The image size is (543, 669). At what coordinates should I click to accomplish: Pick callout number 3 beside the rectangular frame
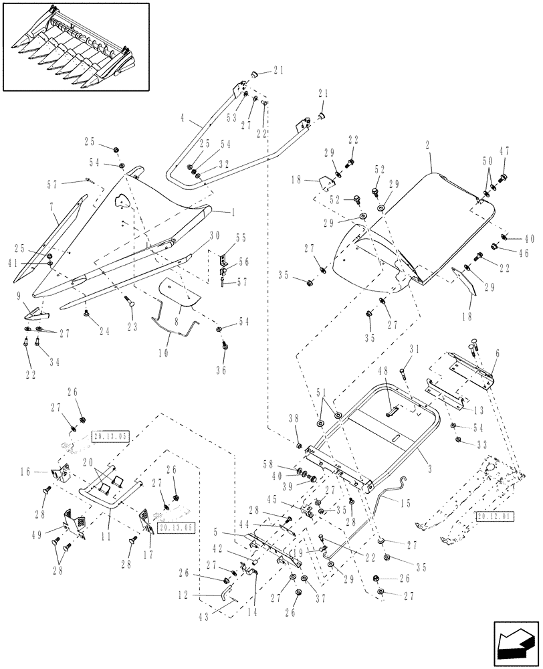pos(427,453)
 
